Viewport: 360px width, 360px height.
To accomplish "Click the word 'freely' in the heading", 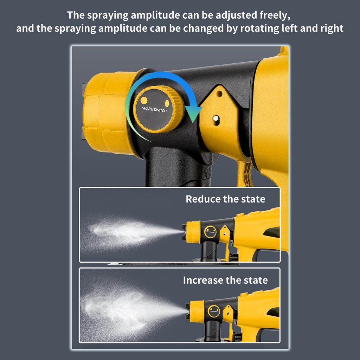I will (x=270, y=15).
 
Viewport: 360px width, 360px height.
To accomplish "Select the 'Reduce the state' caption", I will (x=225, y=199).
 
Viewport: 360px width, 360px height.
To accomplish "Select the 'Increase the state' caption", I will (x=225, y=280).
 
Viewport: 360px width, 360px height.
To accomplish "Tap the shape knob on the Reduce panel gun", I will (x=210, y=231).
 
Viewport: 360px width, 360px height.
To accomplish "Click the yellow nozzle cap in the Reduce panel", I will (x=193, y=232).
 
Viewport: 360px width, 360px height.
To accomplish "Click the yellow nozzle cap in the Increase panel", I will (x=197, y=311).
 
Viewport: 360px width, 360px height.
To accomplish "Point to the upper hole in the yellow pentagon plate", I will (x=219, y=94).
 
